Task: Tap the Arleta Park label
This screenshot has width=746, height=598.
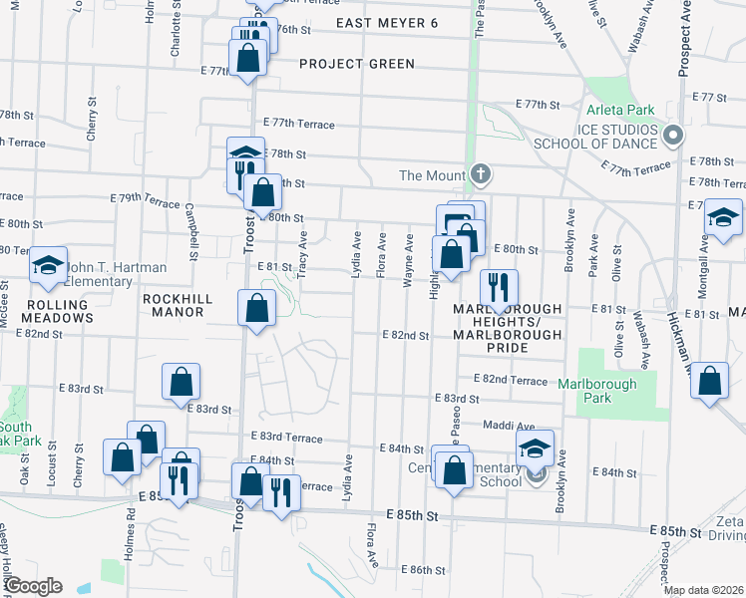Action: [x=614, y=110]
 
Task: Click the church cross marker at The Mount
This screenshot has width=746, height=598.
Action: [x=481, y=175]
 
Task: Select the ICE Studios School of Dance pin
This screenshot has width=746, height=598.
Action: [x=673, y=135]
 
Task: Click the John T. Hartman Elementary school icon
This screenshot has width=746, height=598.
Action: [x=47, y=264]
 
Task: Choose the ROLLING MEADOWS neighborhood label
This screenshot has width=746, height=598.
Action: [x=47, y=318]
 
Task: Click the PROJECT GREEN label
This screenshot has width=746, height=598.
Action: [x=357, y=64]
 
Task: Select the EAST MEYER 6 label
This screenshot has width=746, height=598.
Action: [x=387, y=23]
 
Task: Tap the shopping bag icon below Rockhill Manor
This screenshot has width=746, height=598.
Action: [x=256, y=307]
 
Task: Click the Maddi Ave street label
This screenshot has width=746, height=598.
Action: [x=509, y=426]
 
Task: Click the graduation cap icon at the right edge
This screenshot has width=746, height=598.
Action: [x=723, y=217]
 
